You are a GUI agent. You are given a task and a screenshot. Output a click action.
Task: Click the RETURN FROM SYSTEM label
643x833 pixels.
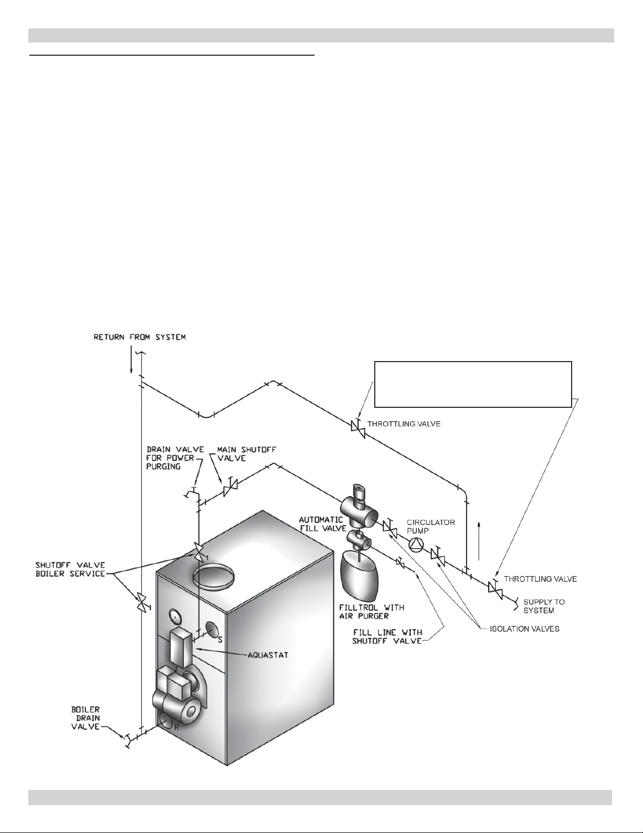[x=140, y=337]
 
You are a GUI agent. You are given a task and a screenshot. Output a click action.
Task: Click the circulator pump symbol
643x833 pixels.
[x=416, y=545]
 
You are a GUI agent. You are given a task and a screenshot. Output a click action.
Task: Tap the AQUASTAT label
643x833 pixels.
[x=268, y=655]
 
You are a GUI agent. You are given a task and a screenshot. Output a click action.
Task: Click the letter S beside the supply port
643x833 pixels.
[x=220, y=640]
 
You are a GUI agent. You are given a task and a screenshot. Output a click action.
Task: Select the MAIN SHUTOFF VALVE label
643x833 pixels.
[x=247, y=454]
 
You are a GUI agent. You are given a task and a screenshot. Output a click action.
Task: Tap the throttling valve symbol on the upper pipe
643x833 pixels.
[x=358, y=430]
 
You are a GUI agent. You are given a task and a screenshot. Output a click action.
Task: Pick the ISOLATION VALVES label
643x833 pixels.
[x=524, y=629]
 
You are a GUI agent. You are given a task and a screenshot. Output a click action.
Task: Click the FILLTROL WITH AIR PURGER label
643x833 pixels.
[x=371, y=612]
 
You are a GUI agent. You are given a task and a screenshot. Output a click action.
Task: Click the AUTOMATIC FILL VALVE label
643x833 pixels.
[x=323, y=524]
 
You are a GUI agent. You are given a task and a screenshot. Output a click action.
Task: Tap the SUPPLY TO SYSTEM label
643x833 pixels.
[x=544, y=606]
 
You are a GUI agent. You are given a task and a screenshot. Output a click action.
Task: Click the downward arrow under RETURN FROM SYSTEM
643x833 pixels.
[x=131, y=359]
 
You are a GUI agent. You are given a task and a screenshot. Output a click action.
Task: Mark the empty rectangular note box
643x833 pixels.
[x=473, y=384]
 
